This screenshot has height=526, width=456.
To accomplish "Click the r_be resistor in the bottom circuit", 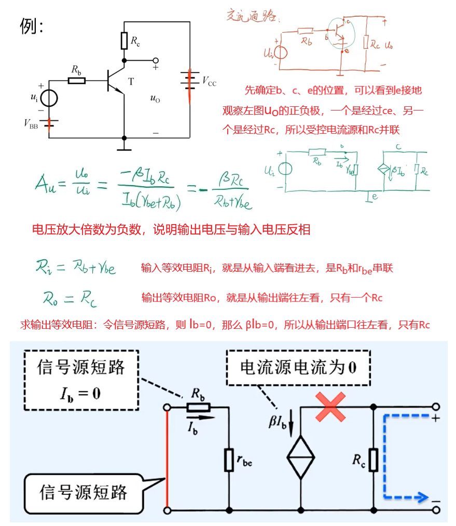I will pos(229,460).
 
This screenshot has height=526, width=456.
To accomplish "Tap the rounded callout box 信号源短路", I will pos(83,492).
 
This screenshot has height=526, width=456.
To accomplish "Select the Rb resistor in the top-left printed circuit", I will pos(77,80).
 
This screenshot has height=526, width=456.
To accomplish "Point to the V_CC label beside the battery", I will pos(209,81).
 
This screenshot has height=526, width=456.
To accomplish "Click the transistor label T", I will pos(131,81).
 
